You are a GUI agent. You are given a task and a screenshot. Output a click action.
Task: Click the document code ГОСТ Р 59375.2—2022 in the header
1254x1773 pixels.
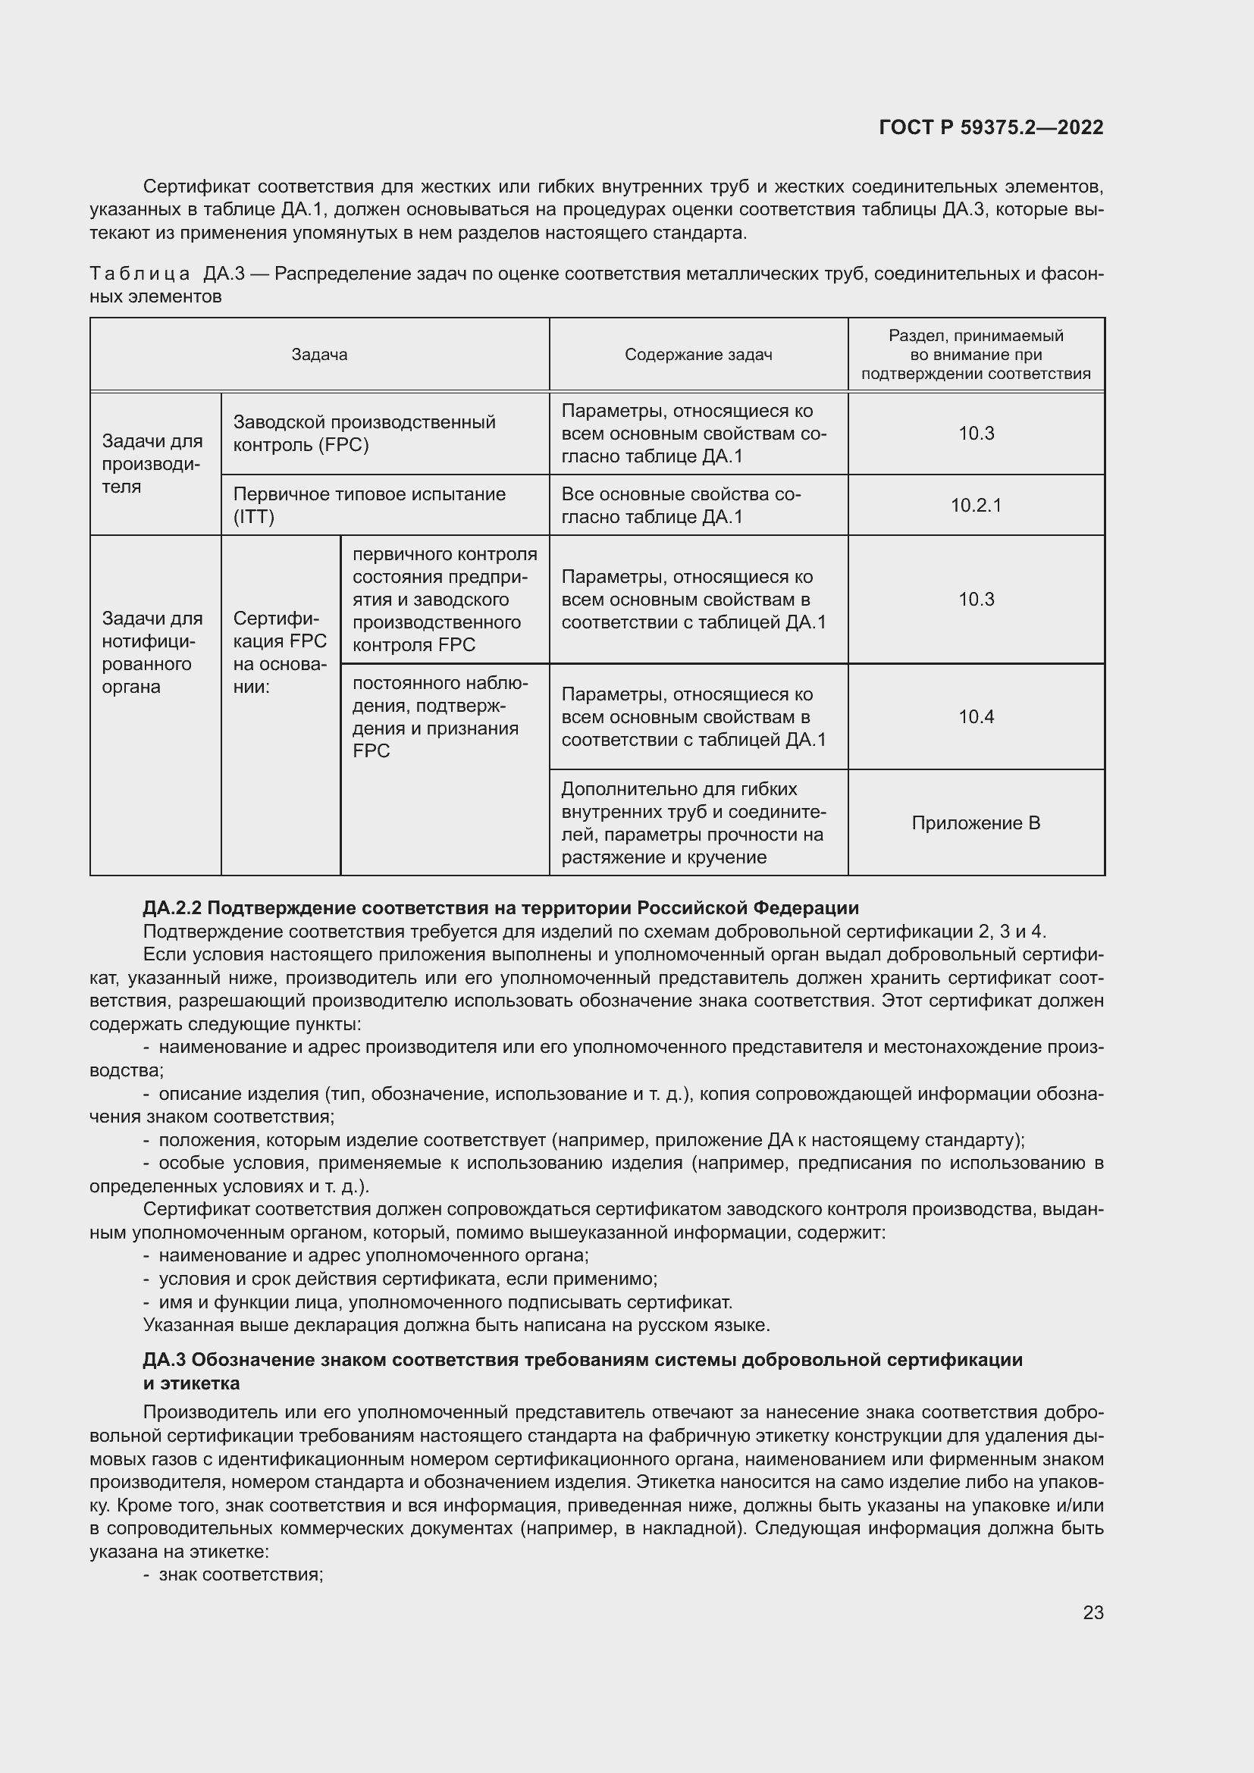[x=991, y=127]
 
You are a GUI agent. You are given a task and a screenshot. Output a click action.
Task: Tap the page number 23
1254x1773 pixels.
[x=1093, y=1612]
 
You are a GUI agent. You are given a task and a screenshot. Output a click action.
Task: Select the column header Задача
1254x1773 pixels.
[x=319, y=355]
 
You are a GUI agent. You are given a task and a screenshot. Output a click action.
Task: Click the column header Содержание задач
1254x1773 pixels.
[x=698, y=355]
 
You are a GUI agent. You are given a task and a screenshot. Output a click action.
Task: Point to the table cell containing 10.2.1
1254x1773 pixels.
[x=975, y=505]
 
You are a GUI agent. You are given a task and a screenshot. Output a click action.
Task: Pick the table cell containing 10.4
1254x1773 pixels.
[x=975, y=716]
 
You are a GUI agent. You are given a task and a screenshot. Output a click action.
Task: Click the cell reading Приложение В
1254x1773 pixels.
[x=975, y=822]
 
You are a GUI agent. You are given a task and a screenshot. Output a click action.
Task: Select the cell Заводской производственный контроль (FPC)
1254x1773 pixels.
[x=364, y=434]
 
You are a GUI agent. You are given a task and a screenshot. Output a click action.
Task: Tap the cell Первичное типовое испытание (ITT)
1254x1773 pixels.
[x=369, y=505]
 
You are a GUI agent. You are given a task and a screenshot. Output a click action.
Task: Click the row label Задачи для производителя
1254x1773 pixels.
[x=152, y=463]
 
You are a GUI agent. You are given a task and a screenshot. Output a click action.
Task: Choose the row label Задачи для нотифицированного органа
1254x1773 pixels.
[x=152, y=652]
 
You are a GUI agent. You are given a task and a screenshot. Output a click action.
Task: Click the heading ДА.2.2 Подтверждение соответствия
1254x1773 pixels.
[x=500, y=907]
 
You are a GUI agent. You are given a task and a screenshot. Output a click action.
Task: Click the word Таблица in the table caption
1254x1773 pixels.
[x=140, y=274]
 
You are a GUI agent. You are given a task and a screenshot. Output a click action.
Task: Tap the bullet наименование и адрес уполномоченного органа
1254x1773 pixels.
[x=373, y=1255]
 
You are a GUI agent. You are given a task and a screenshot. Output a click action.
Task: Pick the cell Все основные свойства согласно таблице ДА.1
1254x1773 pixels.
[x=680, y=505]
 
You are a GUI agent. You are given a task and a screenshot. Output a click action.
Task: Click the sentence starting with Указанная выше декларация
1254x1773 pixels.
[x=456, y=1324]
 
